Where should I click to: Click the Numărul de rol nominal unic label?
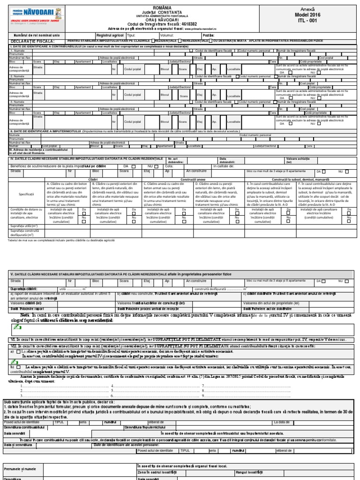tap(37, 35)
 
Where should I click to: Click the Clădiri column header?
tap(92, 180)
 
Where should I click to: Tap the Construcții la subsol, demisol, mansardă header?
tap(296, 180)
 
